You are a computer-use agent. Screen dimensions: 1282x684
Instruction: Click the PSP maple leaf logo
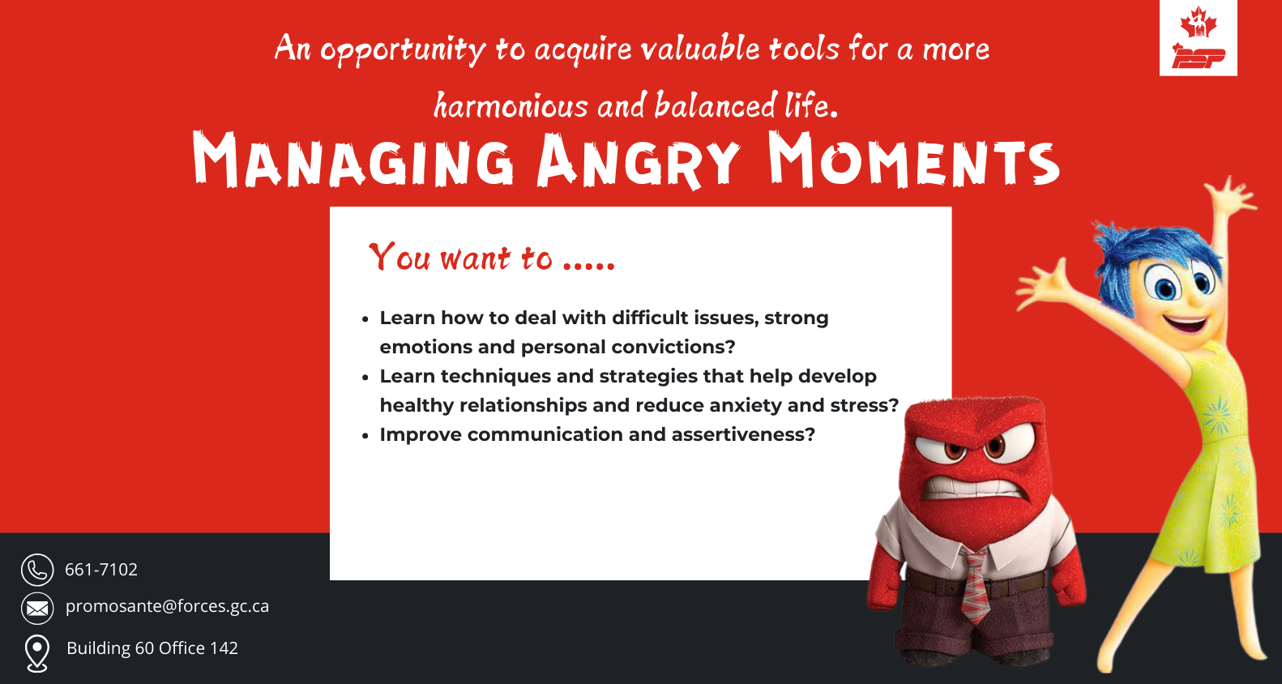pyautogui.click(x=1199, y=38)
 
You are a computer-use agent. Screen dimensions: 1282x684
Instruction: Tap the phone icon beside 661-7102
pyautogui.click(x=37, y=570)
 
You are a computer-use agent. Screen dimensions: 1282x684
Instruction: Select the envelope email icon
pyautogui.click(x=37, y=608)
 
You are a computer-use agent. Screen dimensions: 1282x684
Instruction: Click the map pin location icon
pyautogui.click(x=37, y=653)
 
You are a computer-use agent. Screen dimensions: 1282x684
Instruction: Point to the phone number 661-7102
pyautogui.click(x=101, y=570)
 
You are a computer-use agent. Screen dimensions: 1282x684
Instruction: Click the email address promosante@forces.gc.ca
pyautogui.click(x=167, y=606)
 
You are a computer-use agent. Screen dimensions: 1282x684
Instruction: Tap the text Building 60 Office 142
pyautogui.click(x=152, y=648)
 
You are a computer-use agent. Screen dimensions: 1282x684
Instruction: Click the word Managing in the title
pyautogui.click(x=353, y=160)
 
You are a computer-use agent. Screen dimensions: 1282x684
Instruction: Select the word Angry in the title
pyautogui.click(x=638, y=160)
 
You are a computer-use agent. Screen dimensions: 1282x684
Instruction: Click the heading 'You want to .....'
pyautogui.click(x=492, y=257)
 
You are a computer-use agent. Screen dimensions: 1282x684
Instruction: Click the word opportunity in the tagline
pyautogui.click(x=403, y=49)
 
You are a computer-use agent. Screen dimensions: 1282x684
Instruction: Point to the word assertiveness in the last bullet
pyautogui.click(x=743, y=434)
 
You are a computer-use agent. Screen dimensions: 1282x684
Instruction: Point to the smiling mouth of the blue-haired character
pyautogui.click(x=1186, y=324)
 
